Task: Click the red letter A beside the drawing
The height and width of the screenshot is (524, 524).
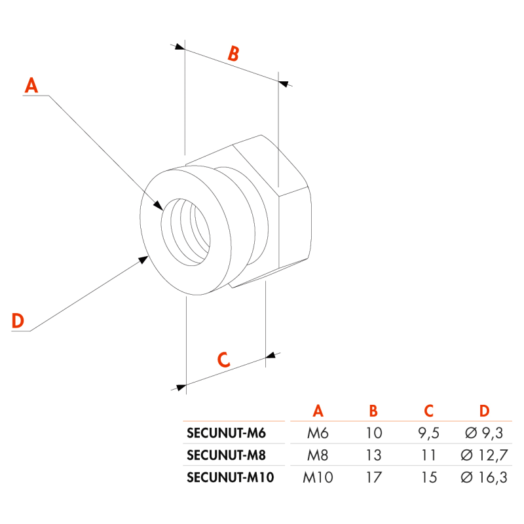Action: pos(31,86)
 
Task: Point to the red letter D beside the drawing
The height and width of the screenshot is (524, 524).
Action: pos(18,321)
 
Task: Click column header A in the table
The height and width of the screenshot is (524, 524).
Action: pos(318,411)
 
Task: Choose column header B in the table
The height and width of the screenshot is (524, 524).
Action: pos(373,411)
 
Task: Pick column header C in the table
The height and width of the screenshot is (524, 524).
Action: pos(428,411)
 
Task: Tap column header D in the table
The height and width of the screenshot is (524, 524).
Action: pos(483,411)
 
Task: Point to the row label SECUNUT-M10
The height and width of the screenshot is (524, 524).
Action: pos(230,477)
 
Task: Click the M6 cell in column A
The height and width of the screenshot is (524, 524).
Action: pos(318,433)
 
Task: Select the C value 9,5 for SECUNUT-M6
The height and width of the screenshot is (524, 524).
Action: pos(428,433)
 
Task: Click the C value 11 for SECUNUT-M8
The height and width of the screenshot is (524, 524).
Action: pos(428,455)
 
